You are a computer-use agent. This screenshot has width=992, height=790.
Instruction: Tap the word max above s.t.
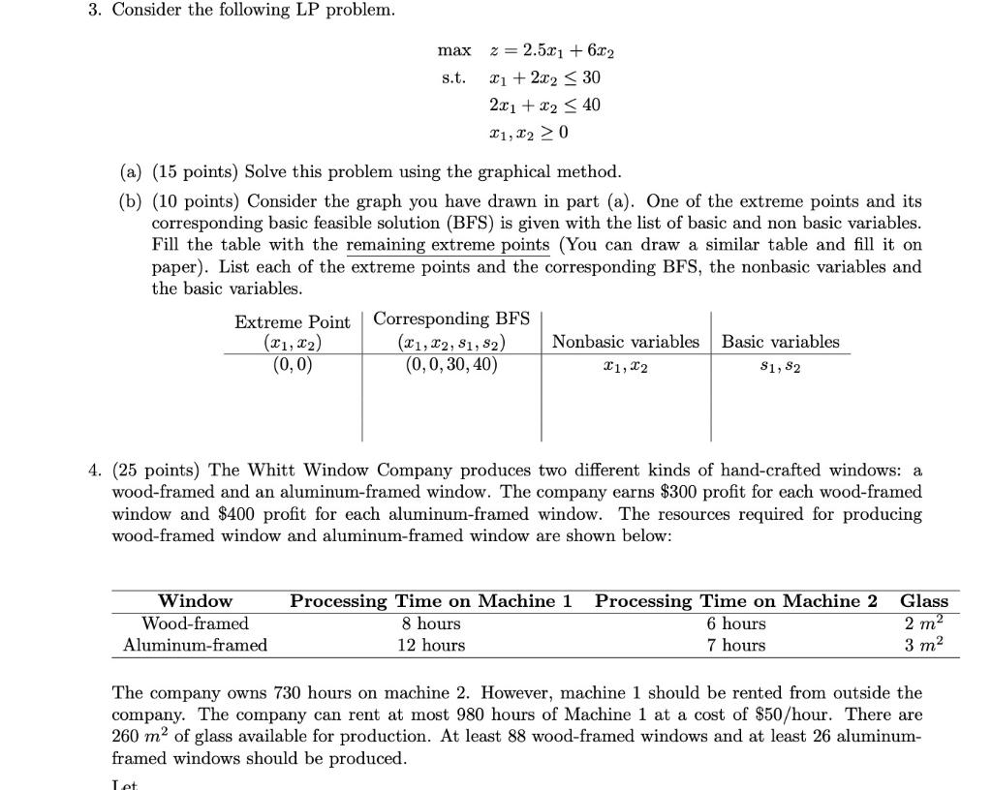(454, 50)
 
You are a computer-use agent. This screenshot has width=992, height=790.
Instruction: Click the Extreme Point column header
(292, 322)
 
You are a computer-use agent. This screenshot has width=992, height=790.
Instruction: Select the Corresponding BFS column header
(451, 319)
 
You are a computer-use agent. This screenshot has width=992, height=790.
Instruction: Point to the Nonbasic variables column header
(625, 342)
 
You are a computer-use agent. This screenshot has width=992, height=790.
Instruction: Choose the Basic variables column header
(780, 342)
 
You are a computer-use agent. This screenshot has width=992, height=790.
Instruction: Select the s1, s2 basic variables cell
(780, 366)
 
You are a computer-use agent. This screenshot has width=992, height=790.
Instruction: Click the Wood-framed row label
(195, 623)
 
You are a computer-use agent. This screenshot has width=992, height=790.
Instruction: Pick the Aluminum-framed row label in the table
(195, 645)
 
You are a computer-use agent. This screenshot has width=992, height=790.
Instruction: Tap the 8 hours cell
(431, 623)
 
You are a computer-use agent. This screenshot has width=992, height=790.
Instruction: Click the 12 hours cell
(431, 645)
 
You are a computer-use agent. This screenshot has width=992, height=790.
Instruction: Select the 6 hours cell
(736, 623)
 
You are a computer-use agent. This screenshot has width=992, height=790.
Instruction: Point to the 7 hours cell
(736, 645)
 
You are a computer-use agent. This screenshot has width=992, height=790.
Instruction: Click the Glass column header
(924, 601)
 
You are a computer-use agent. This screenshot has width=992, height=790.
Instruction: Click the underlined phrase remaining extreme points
(448, 245)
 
